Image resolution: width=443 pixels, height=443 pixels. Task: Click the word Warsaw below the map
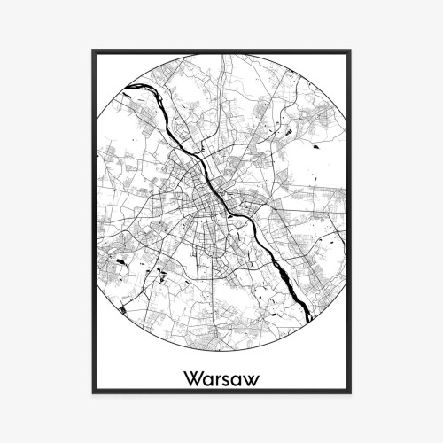coord(221,378)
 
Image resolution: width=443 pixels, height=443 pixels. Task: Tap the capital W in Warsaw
coord(193,378)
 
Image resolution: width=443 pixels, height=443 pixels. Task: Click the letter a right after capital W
coord(207,380)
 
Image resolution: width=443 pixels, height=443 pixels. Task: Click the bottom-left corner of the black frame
coord(91,392)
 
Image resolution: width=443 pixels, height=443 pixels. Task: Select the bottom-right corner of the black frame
coord(352,392)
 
